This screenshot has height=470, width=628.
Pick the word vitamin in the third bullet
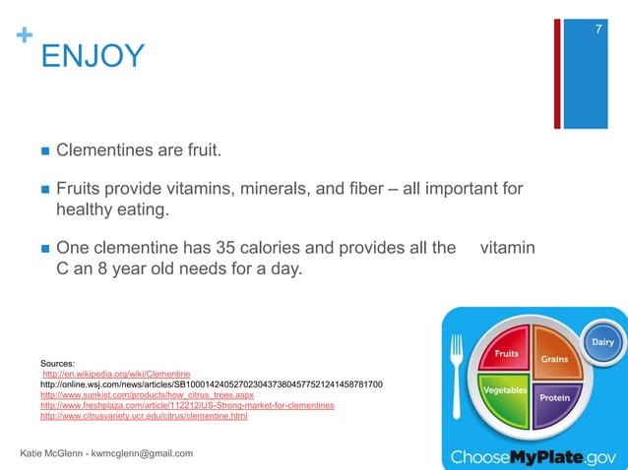click(507, 247)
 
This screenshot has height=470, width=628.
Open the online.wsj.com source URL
click(211, 383)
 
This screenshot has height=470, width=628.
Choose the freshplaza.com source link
click(186, 405)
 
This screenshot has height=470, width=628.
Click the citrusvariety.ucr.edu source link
click(143, 416)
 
